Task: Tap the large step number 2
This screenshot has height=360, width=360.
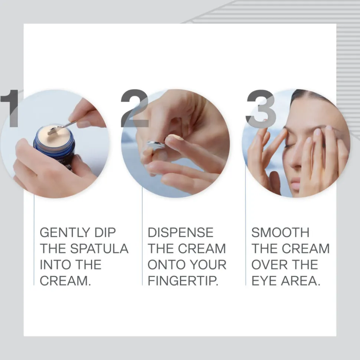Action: coord(135,108)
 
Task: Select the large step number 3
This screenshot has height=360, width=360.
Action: coord(261,108)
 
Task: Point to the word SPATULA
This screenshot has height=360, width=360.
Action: coord(99,248)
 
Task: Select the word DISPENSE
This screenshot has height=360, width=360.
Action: coord(180,232)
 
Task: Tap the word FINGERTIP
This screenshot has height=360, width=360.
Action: coord(183,281)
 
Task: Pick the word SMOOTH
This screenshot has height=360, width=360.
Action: coord(280,232)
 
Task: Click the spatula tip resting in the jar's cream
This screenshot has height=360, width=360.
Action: coord(52,132)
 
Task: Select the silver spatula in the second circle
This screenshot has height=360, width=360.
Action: coord(156,146)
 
